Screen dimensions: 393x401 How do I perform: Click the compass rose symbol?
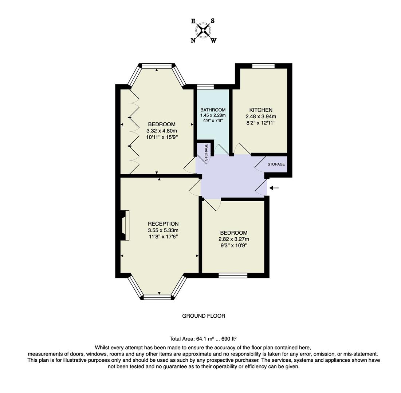(x=203, y=31)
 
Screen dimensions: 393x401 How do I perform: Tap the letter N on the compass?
(x=193, y=40)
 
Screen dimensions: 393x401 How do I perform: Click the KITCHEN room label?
(x=260, y=110)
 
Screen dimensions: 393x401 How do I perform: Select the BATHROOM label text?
(x=213, y=110)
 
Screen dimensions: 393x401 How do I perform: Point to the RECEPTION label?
(x=163, y=224)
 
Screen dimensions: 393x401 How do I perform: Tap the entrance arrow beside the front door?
(x=274, y=188)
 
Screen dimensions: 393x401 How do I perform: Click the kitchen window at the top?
(x=263, y=66)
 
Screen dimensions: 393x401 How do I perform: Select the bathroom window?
(x=205, y=87)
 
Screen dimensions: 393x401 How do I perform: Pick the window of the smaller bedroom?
(x=233, y=275)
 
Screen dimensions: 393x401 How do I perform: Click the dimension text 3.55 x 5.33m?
(x=163, y=230)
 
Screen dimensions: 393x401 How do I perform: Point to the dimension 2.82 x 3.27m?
(x=233, y=239)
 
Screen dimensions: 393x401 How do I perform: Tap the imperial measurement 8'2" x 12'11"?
(x=260, y=123)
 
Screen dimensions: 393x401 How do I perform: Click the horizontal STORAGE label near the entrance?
(x=276, y=164)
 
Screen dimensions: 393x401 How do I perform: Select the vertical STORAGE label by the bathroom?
(x=206, y=152)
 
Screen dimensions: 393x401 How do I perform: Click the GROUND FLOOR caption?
(x=204, y=316)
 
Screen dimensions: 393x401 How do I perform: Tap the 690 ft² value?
(x=229, y=338)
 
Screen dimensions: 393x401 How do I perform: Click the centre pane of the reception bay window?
(x=157, y=297)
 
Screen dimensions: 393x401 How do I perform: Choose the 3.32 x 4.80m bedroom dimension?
(x=161, y=131)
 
